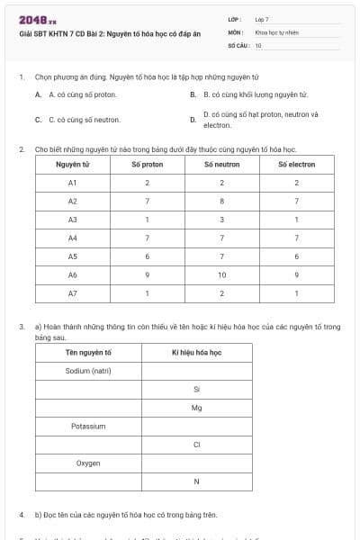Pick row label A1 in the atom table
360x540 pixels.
pos(73,183)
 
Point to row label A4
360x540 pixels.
pos(73,238)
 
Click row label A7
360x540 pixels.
pos(73,293)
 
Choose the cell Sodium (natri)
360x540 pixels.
pos(88,371)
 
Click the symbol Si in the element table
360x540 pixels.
pos(196,389)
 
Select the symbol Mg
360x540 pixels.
pos(196,408)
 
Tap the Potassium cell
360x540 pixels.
pos(88,427)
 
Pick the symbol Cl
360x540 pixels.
pos(196,445)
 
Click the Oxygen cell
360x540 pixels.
pos(88,463)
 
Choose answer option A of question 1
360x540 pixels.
pos(82,94)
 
